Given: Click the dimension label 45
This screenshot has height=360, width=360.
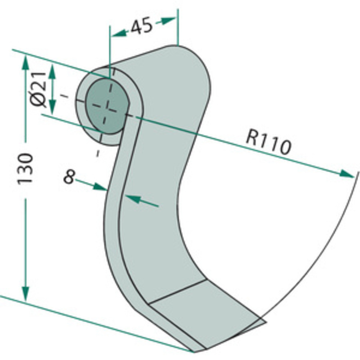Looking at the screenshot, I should tap(141, 27).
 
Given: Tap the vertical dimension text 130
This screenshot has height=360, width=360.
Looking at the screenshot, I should tap(26, 168).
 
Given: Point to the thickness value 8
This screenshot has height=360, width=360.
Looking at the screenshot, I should tap(68, 177).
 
